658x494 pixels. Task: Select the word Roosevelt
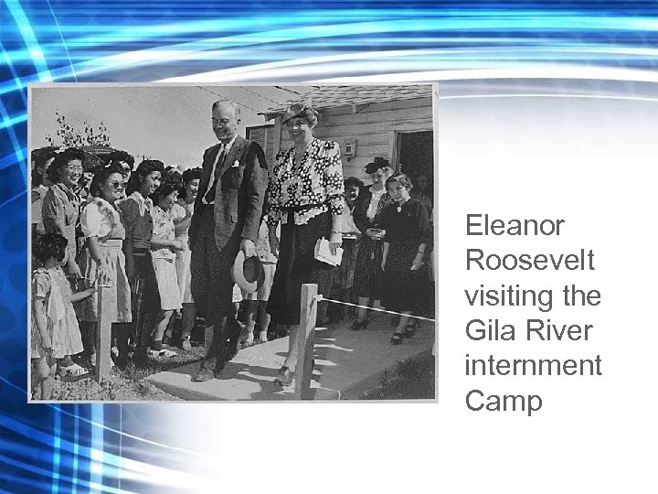point(530,261)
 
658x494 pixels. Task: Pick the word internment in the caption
point(534,366)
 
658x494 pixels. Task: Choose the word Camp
point(504,402)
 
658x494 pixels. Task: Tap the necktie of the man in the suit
point(216,174)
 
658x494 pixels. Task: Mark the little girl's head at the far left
point(48,248)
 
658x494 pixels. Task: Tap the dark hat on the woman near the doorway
point(376,165)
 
